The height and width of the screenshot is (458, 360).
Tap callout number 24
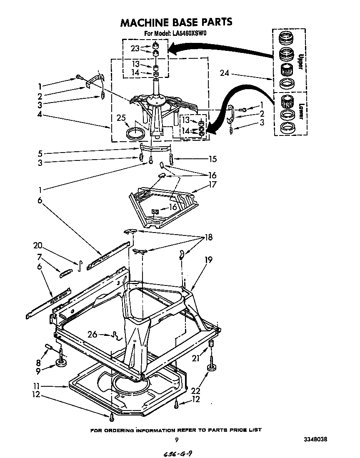(225, 74)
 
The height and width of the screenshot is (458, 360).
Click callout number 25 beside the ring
(121, 118)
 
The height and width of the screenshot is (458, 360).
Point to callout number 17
(212, 185)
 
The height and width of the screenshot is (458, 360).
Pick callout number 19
(208, 260)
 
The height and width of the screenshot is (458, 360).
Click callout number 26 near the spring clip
(93, 333)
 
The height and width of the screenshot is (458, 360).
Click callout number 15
(212, 158)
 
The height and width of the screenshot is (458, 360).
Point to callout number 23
(135, 48)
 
